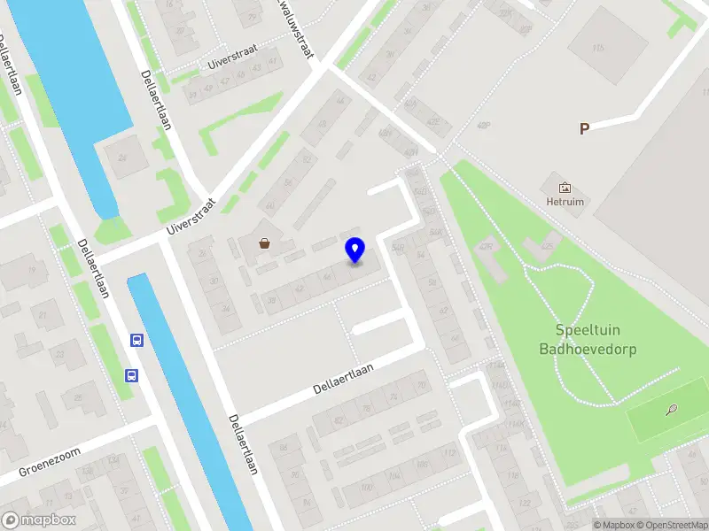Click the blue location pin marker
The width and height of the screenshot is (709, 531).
(x=354, y=250)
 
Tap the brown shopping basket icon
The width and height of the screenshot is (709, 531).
(x=264, y=243)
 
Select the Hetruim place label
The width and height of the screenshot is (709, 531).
(x=565, y=202)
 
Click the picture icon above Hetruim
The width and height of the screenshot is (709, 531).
(x=565, y=187)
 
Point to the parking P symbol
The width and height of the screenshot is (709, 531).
(x=584, y=129)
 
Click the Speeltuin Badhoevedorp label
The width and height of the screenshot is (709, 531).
(x=588, y=340)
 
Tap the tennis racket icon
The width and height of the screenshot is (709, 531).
(x=672, y=410)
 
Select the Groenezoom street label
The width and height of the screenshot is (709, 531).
(x=50, y=463)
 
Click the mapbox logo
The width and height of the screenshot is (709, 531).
(x=39, y=520)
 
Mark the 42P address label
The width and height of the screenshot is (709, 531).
(x=483, y=125)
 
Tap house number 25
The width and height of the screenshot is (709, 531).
(x=77, y=398)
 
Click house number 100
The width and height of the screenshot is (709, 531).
(x=366, y=486)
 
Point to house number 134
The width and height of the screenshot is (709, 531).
(x=113, y=460)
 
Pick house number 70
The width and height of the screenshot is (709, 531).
(x=421, y=385)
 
